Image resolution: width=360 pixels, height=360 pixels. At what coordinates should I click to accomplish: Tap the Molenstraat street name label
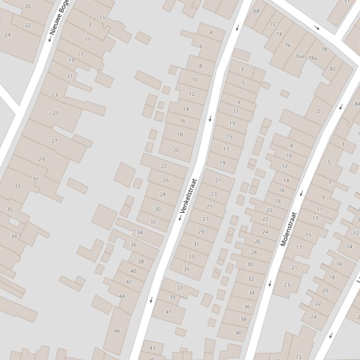point(289,229)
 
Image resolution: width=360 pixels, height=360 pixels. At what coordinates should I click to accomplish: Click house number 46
point(117,331)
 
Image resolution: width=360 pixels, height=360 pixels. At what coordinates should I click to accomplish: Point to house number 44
point(122,296)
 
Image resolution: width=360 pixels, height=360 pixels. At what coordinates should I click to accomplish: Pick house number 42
point(129,281)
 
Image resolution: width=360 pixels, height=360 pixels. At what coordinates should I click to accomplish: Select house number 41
point(169,312)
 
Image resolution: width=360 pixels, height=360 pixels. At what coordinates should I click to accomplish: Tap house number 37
point(180,288)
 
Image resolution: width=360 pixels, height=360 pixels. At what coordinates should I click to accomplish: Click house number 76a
point(299,56)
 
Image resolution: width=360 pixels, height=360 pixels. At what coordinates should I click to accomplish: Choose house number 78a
point(312,58)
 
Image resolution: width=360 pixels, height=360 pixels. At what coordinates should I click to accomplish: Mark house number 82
point(333,68)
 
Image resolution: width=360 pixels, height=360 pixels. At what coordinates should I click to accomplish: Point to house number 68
point(256,11)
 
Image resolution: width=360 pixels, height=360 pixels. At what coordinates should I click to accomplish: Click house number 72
point(273,24)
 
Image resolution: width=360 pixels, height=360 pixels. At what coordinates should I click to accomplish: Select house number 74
point(279,34)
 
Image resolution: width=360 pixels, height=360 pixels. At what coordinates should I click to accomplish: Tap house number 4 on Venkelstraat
point(211,32)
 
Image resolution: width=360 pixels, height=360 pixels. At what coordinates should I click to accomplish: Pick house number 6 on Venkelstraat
point(201,46)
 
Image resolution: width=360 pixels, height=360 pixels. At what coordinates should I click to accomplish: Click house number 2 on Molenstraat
point(318,111)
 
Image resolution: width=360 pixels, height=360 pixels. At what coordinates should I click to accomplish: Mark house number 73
point(298,357)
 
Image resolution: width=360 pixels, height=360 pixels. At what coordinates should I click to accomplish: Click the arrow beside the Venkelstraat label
point(180,218)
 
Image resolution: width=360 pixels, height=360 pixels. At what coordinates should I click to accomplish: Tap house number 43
point(152,348)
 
